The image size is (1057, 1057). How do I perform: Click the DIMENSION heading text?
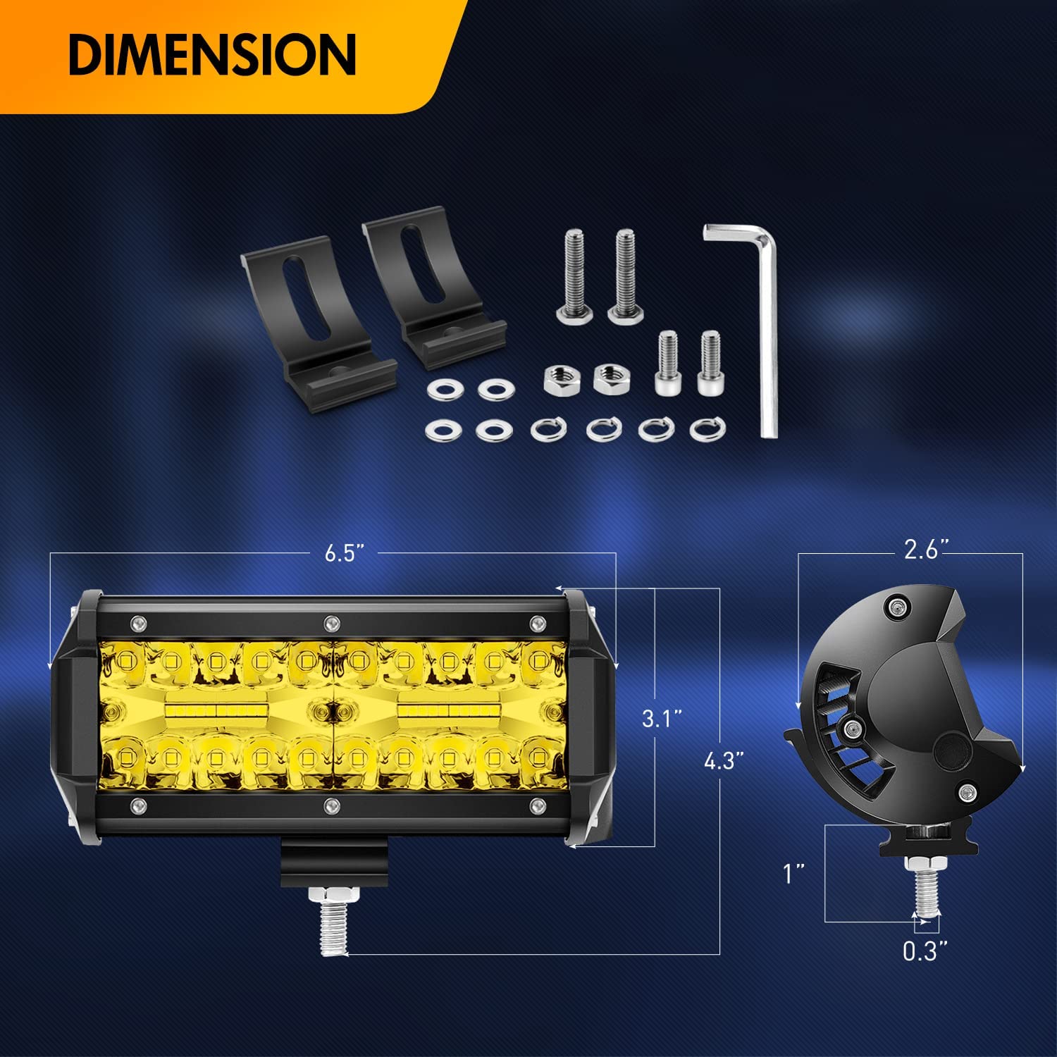(212, 54)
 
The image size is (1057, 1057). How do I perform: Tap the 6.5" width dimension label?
(345, 553)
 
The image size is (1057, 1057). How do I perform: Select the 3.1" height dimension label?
(662, 719)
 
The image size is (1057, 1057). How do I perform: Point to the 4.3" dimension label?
(723, 761)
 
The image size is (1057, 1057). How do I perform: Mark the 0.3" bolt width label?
(925, 951)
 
